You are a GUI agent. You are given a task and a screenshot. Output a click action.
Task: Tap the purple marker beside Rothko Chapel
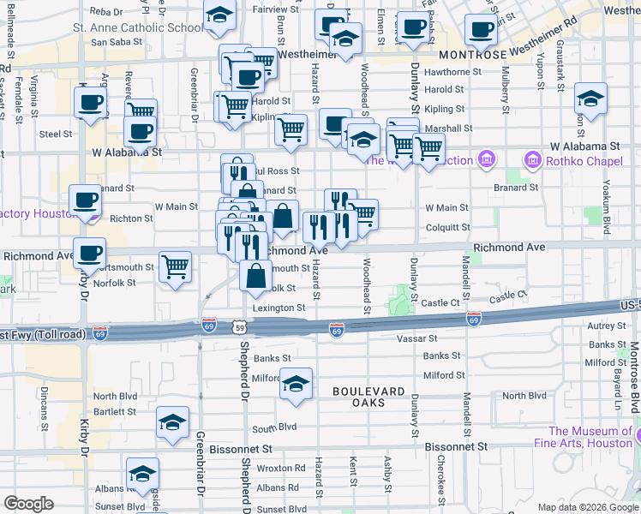pos(532,159)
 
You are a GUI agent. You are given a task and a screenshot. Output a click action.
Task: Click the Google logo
pos(28,504)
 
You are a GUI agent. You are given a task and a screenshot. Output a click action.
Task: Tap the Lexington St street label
pos(277,308)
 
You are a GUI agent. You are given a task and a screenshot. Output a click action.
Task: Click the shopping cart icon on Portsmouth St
pos(175,266)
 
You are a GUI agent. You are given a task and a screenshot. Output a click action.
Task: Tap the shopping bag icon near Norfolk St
pos(256,277)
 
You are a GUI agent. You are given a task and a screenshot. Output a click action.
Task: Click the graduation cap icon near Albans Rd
pos(142,472)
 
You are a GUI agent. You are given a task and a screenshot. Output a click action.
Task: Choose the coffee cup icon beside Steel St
pos(140,132)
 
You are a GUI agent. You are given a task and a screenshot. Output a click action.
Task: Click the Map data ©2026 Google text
pos(587,507)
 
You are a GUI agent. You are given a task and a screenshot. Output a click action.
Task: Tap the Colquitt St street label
pos(447,228)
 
